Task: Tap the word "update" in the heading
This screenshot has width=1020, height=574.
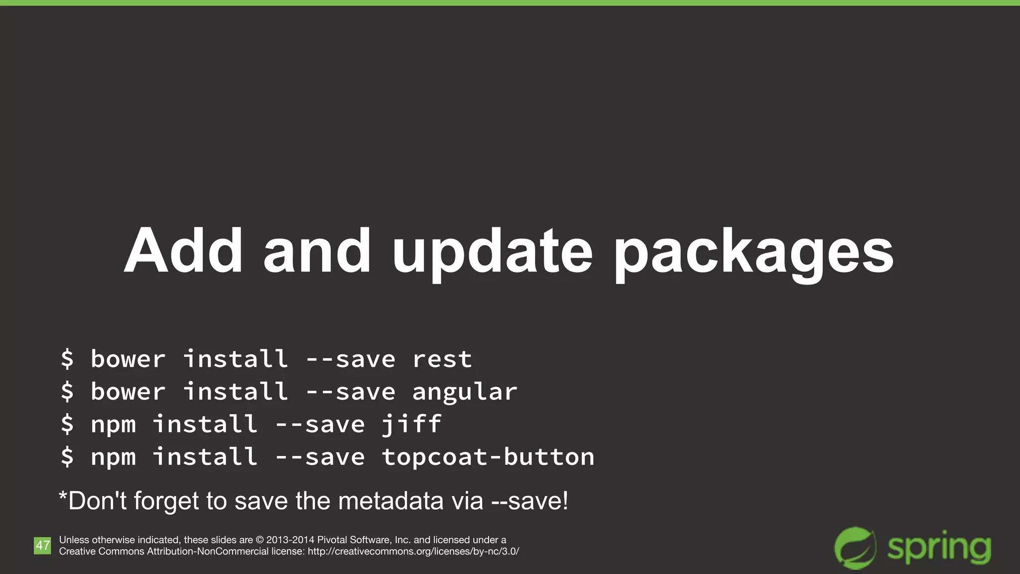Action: [x=492, y=252]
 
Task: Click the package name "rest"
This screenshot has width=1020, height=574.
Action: [x=442, y=359]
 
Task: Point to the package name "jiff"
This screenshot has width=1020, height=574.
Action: [x=411, y=425]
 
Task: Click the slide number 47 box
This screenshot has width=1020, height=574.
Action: [x=42, y=546]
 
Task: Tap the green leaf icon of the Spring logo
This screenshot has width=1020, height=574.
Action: [x=855, y=548]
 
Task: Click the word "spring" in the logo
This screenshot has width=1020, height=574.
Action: [x=939, y=548]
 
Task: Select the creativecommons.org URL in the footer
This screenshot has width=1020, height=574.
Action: [x=413, y=552]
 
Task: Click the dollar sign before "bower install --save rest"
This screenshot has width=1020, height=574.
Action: [x=67, y=359]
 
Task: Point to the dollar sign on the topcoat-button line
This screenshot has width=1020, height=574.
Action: [x=67, y=457]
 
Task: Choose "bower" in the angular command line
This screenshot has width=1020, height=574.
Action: [x=128, y=392]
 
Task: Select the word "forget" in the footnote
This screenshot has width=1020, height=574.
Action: [x=166, y=501]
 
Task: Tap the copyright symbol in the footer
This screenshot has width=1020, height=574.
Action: [x=259, y=540]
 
